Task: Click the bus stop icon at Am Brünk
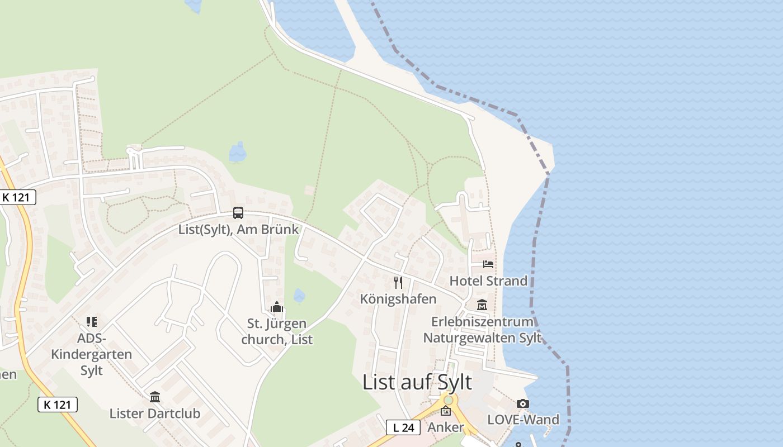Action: (x=238, y=212)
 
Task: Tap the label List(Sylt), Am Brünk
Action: (x=238, y=229)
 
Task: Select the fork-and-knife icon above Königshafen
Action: (x=398, y=282)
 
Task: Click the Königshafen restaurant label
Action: (x=398, y=299)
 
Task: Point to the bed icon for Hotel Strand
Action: (x=488, y=264)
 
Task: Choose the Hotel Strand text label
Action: (x=488, y=280)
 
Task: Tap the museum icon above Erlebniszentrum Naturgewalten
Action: (x=482, y=305)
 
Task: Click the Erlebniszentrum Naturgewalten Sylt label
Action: (x=482, y=330)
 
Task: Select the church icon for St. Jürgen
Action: (x=276, y=307)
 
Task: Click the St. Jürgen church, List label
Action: (x=277, y=331)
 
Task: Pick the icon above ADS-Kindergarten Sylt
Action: (x=92, y=322)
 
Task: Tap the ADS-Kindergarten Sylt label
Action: (x=92, y=354)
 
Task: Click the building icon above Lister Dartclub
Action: (x=155, y=397)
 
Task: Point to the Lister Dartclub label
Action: (x=155, y=414)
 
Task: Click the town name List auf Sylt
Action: (x=417, y=382)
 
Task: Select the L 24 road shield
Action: (x=403, y=428)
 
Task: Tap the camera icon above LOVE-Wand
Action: (x=523, y=403)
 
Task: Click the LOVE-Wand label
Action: (x=523, y=420)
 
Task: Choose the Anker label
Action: (x=446, y=427)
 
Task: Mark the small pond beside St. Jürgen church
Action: (x=299, y=295)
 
